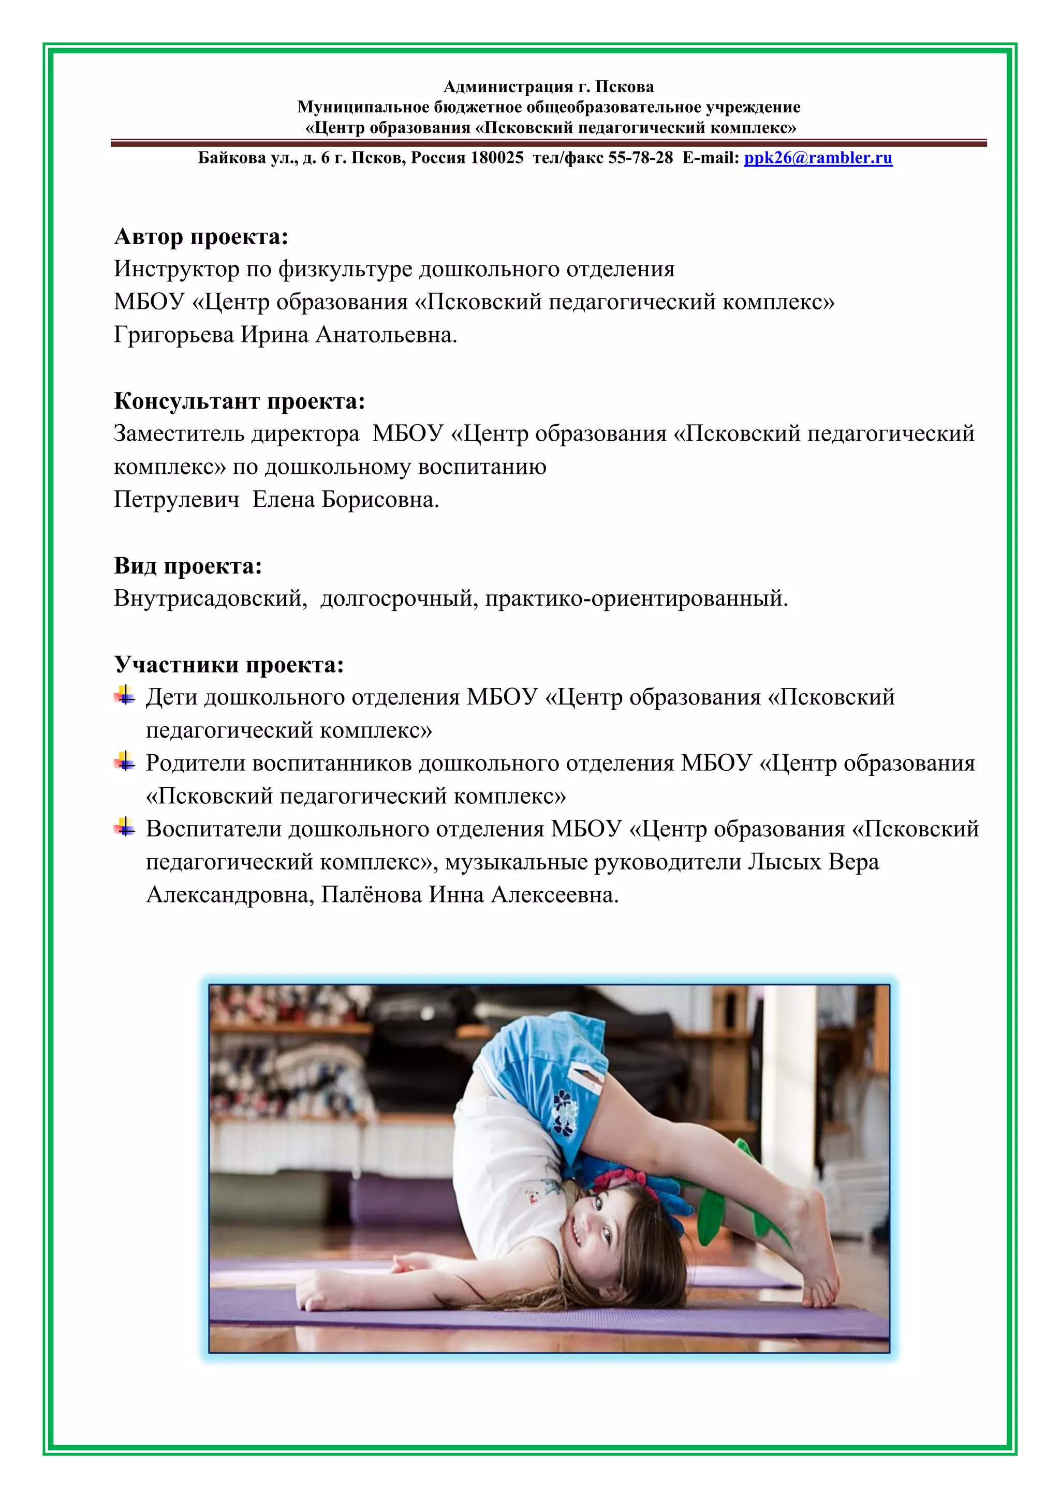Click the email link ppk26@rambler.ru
point(818,158)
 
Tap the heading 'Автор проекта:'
point(201,236)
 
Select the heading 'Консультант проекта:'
point(239,400)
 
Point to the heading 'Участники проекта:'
point(228,664)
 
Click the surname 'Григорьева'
point(173,335)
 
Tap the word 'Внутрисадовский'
point(210,598)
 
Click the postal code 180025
point(497,158)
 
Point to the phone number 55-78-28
point(640,158)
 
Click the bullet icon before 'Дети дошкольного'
point(125,696)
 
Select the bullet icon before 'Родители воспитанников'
point(125,761)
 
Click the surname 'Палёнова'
point(372,894)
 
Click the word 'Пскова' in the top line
point(625,87)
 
